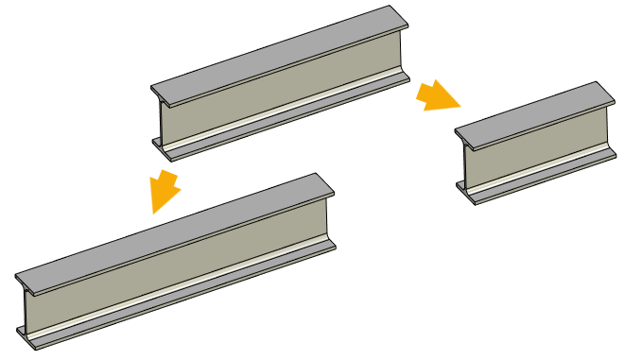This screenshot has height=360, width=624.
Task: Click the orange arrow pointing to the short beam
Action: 437,95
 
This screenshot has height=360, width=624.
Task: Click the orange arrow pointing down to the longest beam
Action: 165,191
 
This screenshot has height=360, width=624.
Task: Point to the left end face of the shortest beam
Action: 464,166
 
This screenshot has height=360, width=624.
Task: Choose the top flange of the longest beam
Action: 170,228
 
